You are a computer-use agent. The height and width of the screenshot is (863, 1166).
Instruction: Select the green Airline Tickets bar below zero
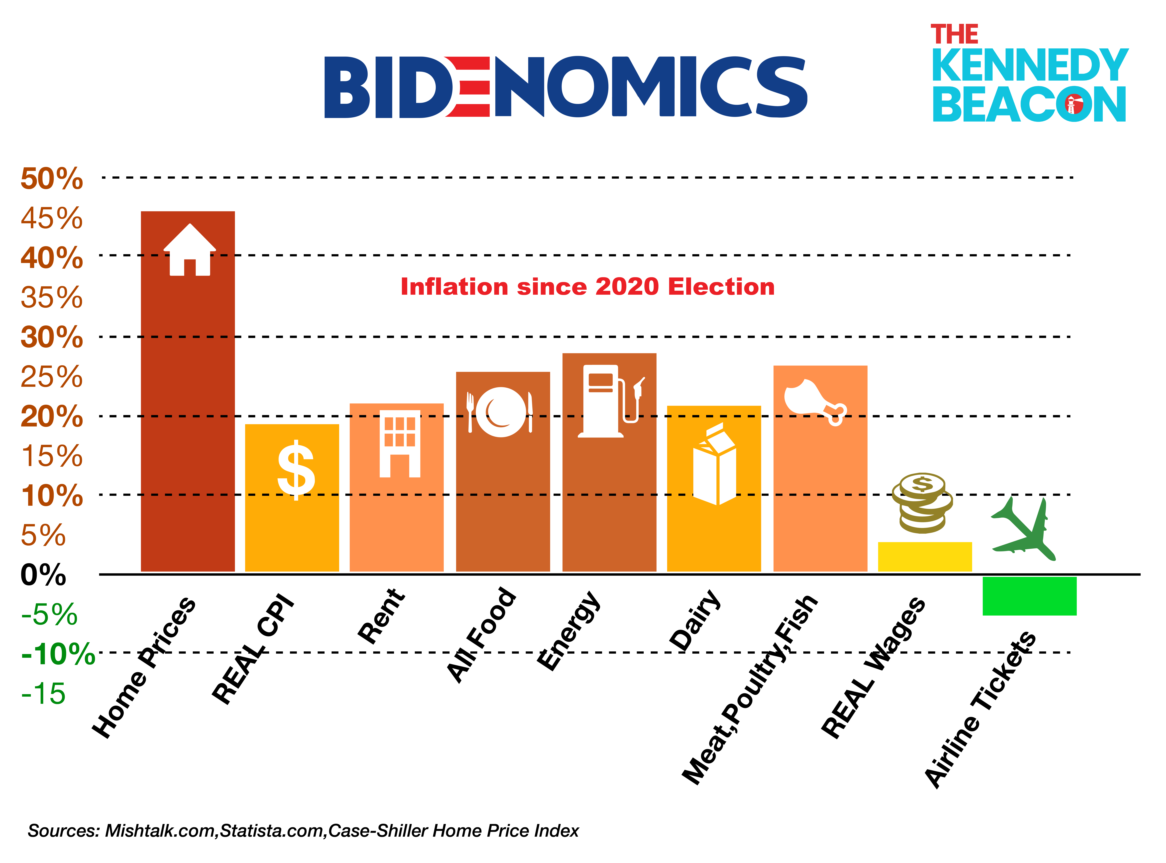tap(1029, 596)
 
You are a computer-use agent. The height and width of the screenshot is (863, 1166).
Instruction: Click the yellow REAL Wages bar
tap(925, 557)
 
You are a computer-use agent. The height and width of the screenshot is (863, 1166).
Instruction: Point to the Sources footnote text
tap(303, 831)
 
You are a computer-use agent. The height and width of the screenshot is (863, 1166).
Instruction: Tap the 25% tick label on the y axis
tap(51, 377)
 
